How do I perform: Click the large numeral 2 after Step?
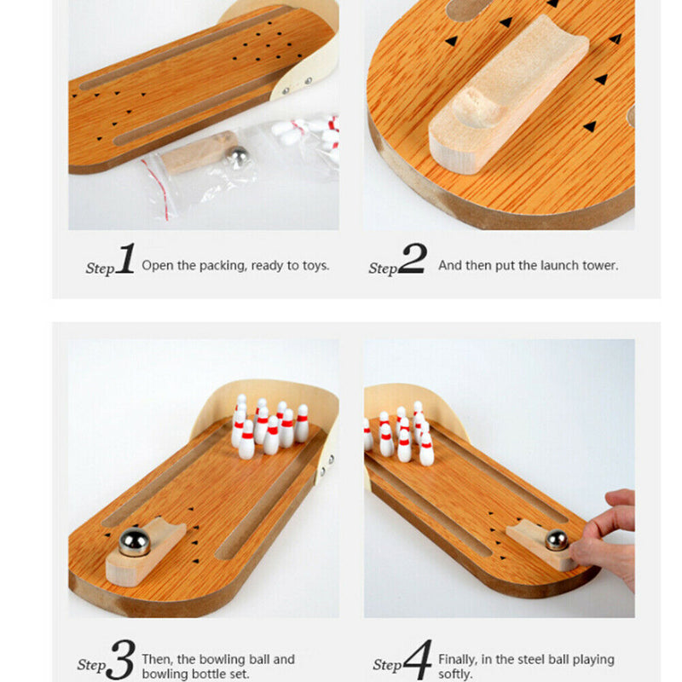pos(412,259)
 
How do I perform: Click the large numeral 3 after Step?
pos(121,660)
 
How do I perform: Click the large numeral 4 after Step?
pos(417,660)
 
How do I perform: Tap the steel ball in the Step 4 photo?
pos(557,540)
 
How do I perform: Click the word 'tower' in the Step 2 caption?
pos(600,266)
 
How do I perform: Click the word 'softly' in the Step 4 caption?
pos(455,674)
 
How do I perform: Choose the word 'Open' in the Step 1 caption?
pos(158,266)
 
